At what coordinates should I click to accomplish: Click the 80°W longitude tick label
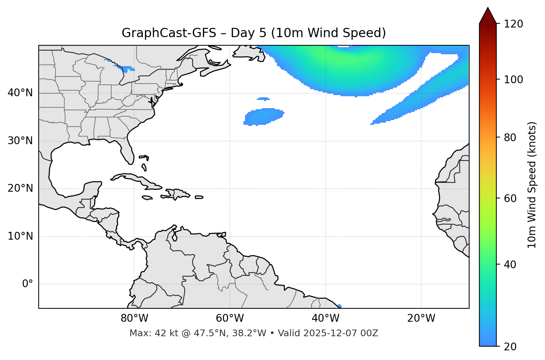pyautogui.click(x=134, y=318)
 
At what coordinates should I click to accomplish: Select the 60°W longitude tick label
pyautogui.click(x=229, y=318)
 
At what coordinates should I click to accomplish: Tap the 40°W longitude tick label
pyautogui.click(x=325, y=318)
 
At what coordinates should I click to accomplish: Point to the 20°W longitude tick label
pyautogui.click(x=421, y=318)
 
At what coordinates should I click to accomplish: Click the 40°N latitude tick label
pyautogui.click(x=20, y=93)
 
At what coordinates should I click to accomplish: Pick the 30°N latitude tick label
pyautogui.click(x=20, y=141)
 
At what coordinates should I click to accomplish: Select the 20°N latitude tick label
pyautogui.click(x=20, y=188)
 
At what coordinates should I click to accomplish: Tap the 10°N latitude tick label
pyautogui.click(x=20, y=236)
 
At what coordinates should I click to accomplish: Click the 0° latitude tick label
pyautogui.click(x=28, y=284)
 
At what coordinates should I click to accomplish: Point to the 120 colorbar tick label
pyautogui.click(x=514, y=24)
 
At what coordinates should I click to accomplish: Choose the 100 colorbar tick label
pyautogui.click(x=514, y=80)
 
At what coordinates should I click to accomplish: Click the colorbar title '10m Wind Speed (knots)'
pyautogui.click(x=532, y=185)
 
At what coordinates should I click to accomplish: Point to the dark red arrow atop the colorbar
pyautogui.click(x=487, y=16)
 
